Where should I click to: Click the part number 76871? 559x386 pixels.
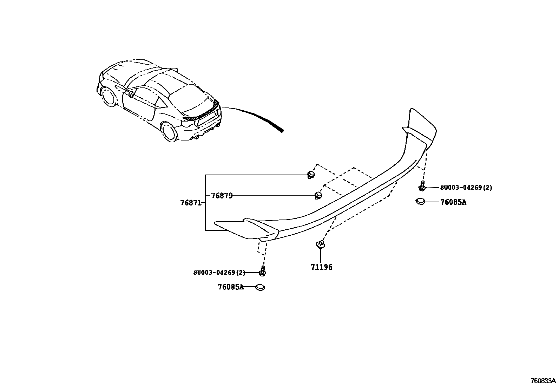190,203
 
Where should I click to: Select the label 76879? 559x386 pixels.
222,196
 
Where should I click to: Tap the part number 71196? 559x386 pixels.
321,267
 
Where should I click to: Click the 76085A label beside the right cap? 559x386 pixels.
453,202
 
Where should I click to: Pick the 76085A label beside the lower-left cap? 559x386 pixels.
230,287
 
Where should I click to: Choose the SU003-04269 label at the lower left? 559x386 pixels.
219,273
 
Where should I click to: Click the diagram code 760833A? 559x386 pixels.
543,381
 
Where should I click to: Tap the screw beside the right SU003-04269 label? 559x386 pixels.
422,187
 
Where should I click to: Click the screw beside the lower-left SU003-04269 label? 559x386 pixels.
262,271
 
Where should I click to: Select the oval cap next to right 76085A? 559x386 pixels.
420,201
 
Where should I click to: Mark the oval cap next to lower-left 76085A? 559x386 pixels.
260,287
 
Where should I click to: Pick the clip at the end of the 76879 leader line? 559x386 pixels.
317,195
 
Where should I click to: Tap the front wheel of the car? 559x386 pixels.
108,97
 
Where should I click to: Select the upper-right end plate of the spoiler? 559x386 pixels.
421,126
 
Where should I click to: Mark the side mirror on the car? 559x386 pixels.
131,94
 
